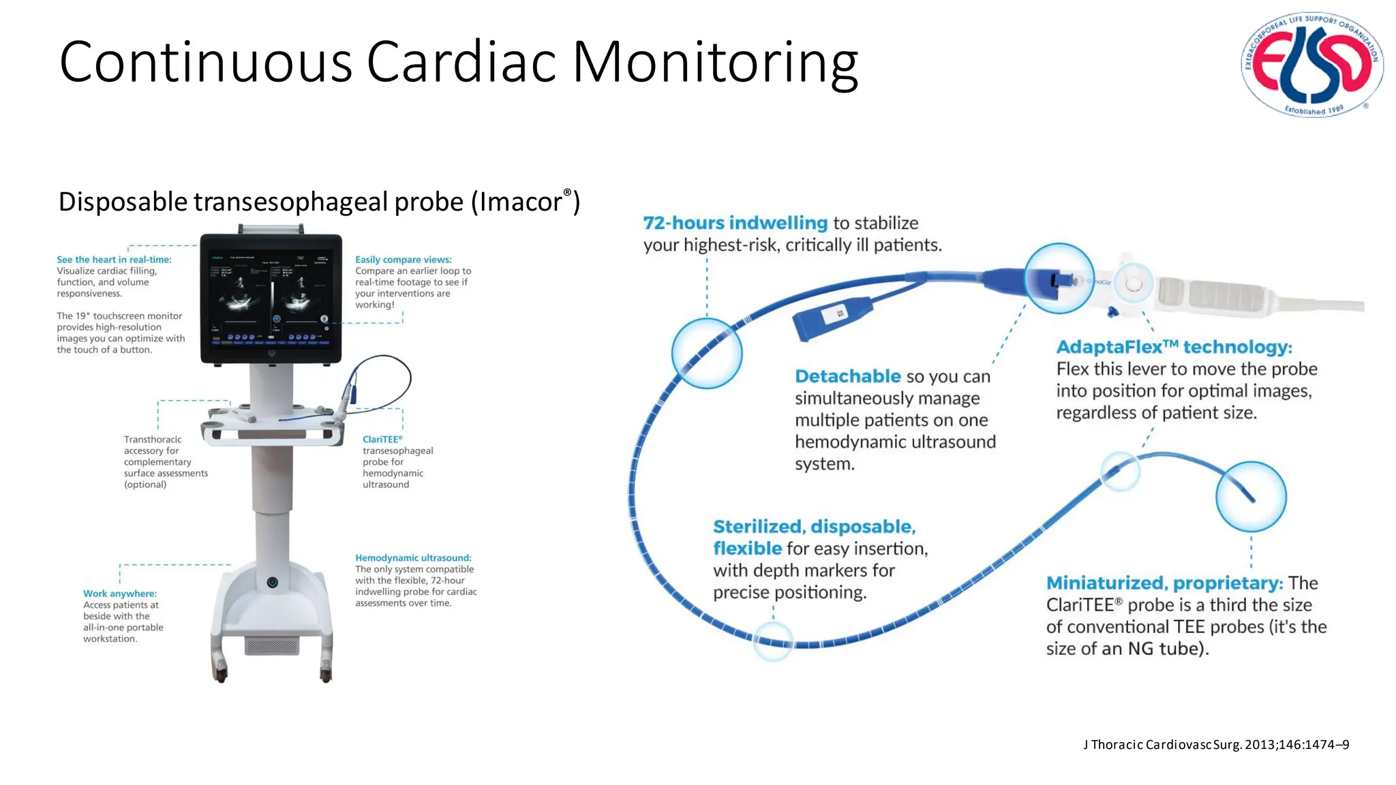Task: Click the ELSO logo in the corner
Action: (1311, 64)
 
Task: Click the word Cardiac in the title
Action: (461, 63)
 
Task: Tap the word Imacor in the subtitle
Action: (520, 202)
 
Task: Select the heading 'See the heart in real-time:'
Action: (114, 260)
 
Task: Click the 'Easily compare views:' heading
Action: (403, 260)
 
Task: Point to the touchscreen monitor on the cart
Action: (271, 298)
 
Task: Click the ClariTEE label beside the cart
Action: (382, 440)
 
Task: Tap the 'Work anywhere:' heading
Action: (119, 594)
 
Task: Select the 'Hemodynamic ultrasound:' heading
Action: (412, 558)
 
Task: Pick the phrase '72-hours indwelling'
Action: (735, 223)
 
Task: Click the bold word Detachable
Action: (847, 376)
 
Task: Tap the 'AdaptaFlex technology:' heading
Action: (1173, 347)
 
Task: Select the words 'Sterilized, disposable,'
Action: (814, 527)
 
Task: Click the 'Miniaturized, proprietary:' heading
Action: (1164, 583)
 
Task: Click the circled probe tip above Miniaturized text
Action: (1250, 497)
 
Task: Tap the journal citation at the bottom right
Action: (1215, 745)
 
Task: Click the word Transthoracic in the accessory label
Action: (153, 440)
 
